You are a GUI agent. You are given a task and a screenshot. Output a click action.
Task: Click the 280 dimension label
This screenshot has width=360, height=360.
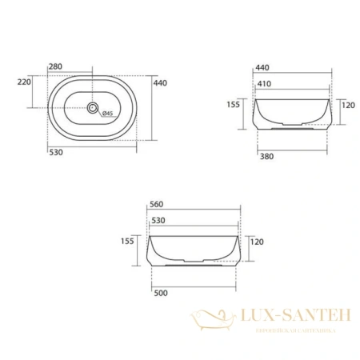[x=56, y=66]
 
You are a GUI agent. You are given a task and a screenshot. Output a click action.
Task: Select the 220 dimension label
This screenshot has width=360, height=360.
[x=23, y=81]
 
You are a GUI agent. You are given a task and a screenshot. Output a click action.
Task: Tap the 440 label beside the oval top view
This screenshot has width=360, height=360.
[x=159, y=82]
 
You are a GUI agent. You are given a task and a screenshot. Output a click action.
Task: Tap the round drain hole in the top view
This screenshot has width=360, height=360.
[x=93, y=106]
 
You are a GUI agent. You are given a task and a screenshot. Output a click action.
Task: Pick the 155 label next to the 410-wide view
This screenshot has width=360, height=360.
[x=233, y=102]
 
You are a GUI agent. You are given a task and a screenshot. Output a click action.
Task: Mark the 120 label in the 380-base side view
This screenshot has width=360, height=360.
[x=346, y=105]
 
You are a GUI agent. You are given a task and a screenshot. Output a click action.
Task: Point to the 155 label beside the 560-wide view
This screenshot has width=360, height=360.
[x=127, y=240]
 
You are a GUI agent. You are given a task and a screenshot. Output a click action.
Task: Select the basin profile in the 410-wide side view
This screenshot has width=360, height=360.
[x=291, y=112]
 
